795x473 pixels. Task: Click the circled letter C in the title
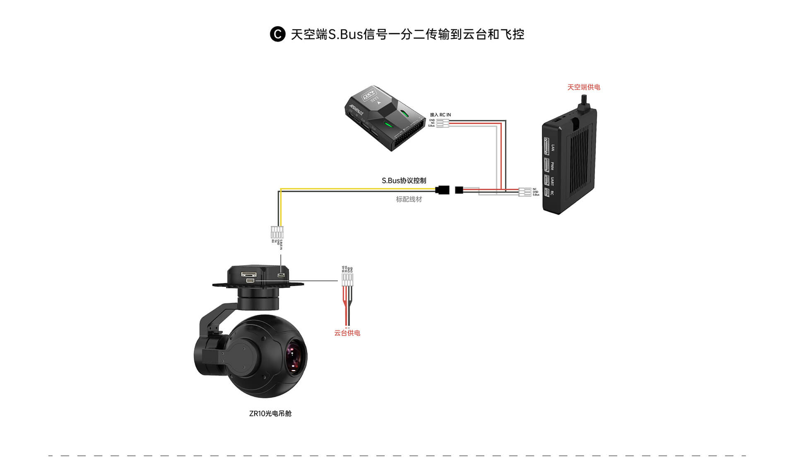[x=277, y=34]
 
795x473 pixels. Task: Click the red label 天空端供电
[x=583, y=87]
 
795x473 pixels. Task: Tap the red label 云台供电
[x=347, y=333]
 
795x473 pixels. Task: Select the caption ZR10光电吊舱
[x=270, y=413]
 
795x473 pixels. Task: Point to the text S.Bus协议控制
[x=404, y=181]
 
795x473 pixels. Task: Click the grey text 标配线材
[x=409, y=199]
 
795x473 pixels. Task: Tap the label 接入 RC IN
[x=440, y=115]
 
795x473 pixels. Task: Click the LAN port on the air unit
[x=547, y=146]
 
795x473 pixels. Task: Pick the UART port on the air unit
[x=547, y=181]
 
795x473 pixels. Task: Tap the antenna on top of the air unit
[x=585, y=102]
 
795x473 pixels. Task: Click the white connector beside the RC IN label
[x=442, y=123]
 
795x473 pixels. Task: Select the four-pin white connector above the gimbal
[x=277, y=232]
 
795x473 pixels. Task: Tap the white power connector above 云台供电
[x=347, y=280]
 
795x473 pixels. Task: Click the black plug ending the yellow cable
[x=443, y=190]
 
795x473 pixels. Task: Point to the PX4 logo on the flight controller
[x=368, y=95]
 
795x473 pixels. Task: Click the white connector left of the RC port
[x=525, y=192]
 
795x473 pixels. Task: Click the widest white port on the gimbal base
[x=249, y=274]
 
